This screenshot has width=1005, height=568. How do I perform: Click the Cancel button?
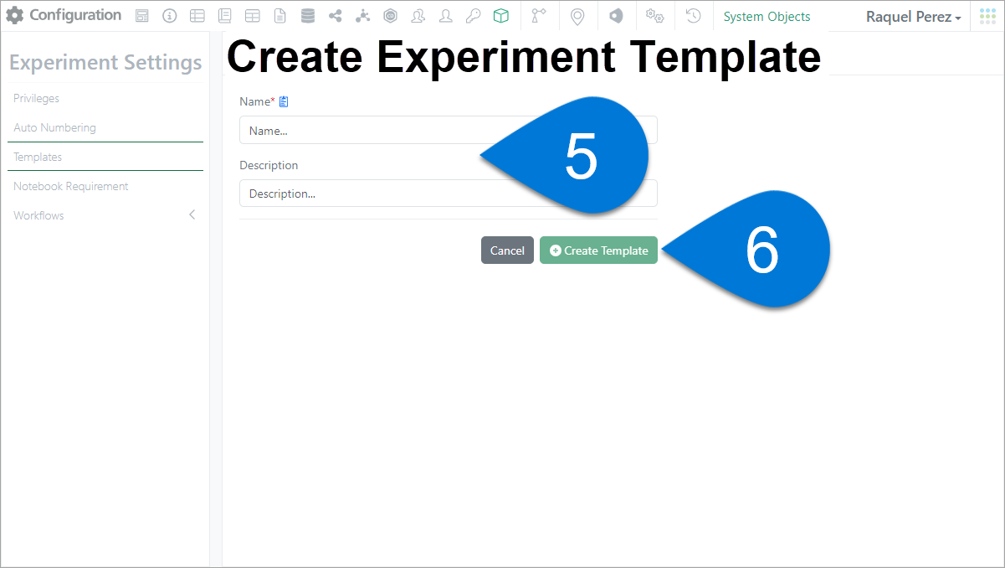507,250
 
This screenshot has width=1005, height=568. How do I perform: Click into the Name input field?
359,130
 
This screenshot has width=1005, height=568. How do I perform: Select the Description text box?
359,194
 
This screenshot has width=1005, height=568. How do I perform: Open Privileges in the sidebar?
36,98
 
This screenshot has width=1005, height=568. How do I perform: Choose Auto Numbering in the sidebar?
54,127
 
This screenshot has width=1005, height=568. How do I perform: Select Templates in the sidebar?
38,157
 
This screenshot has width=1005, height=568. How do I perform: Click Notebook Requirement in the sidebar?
71,186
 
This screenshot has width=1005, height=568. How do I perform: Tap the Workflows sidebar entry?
38,215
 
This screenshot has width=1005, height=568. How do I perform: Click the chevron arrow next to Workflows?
192,214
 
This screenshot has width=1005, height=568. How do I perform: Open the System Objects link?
767,17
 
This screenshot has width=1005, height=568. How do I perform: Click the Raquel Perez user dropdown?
913,17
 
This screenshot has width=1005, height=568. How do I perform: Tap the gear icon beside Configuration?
15,15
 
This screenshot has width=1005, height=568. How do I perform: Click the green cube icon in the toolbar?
500,16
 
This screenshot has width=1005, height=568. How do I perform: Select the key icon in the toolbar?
473,16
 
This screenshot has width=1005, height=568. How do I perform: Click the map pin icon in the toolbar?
577,17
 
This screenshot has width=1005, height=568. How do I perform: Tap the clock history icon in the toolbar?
693,16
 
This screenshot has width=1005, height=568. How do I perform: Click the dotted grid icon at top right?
987,16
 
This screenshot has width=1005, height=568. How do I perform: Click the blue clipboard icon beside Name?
284,101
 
